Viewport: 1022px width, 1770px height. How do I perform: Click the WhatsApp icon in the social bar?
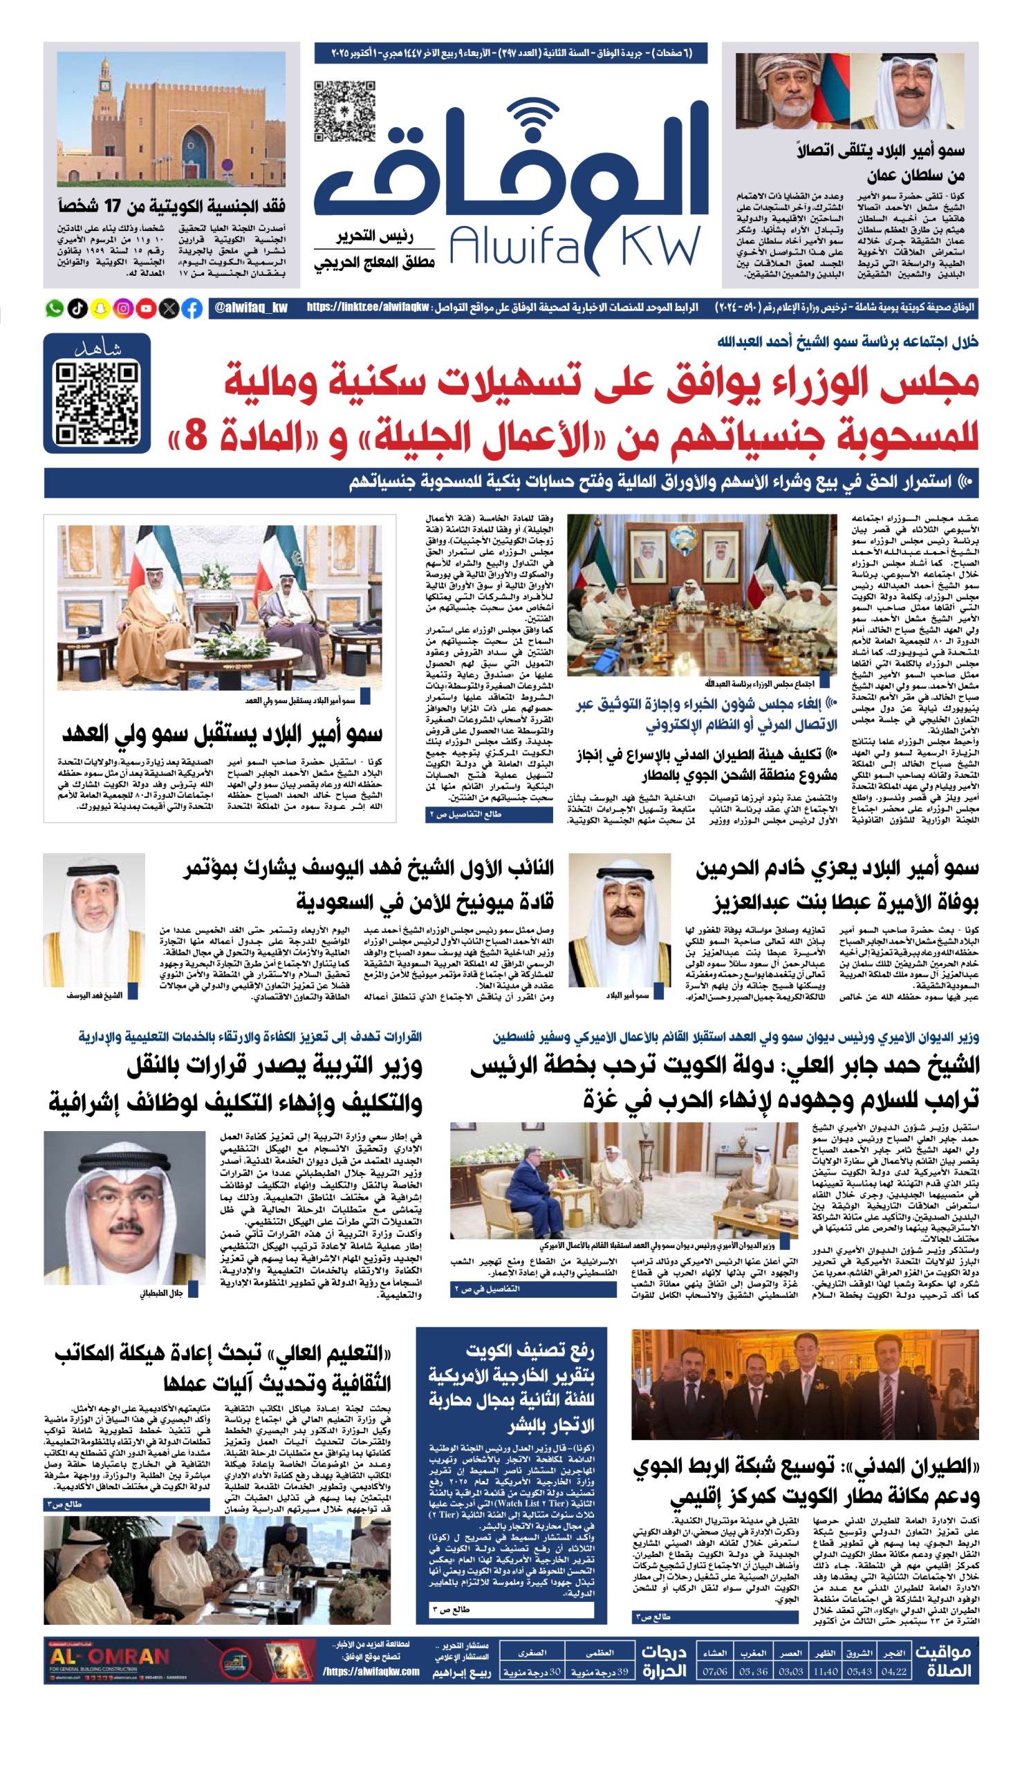(x=54, y=308)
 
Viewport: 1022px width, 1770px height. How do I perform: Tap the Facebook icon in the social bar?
(x=192, y=308)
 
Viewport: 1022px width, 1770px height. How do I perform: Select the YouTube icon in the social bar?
(x=146, y=308)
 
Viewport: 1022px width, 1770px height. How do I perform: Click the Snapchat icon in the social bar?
(x=100, y=308)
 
